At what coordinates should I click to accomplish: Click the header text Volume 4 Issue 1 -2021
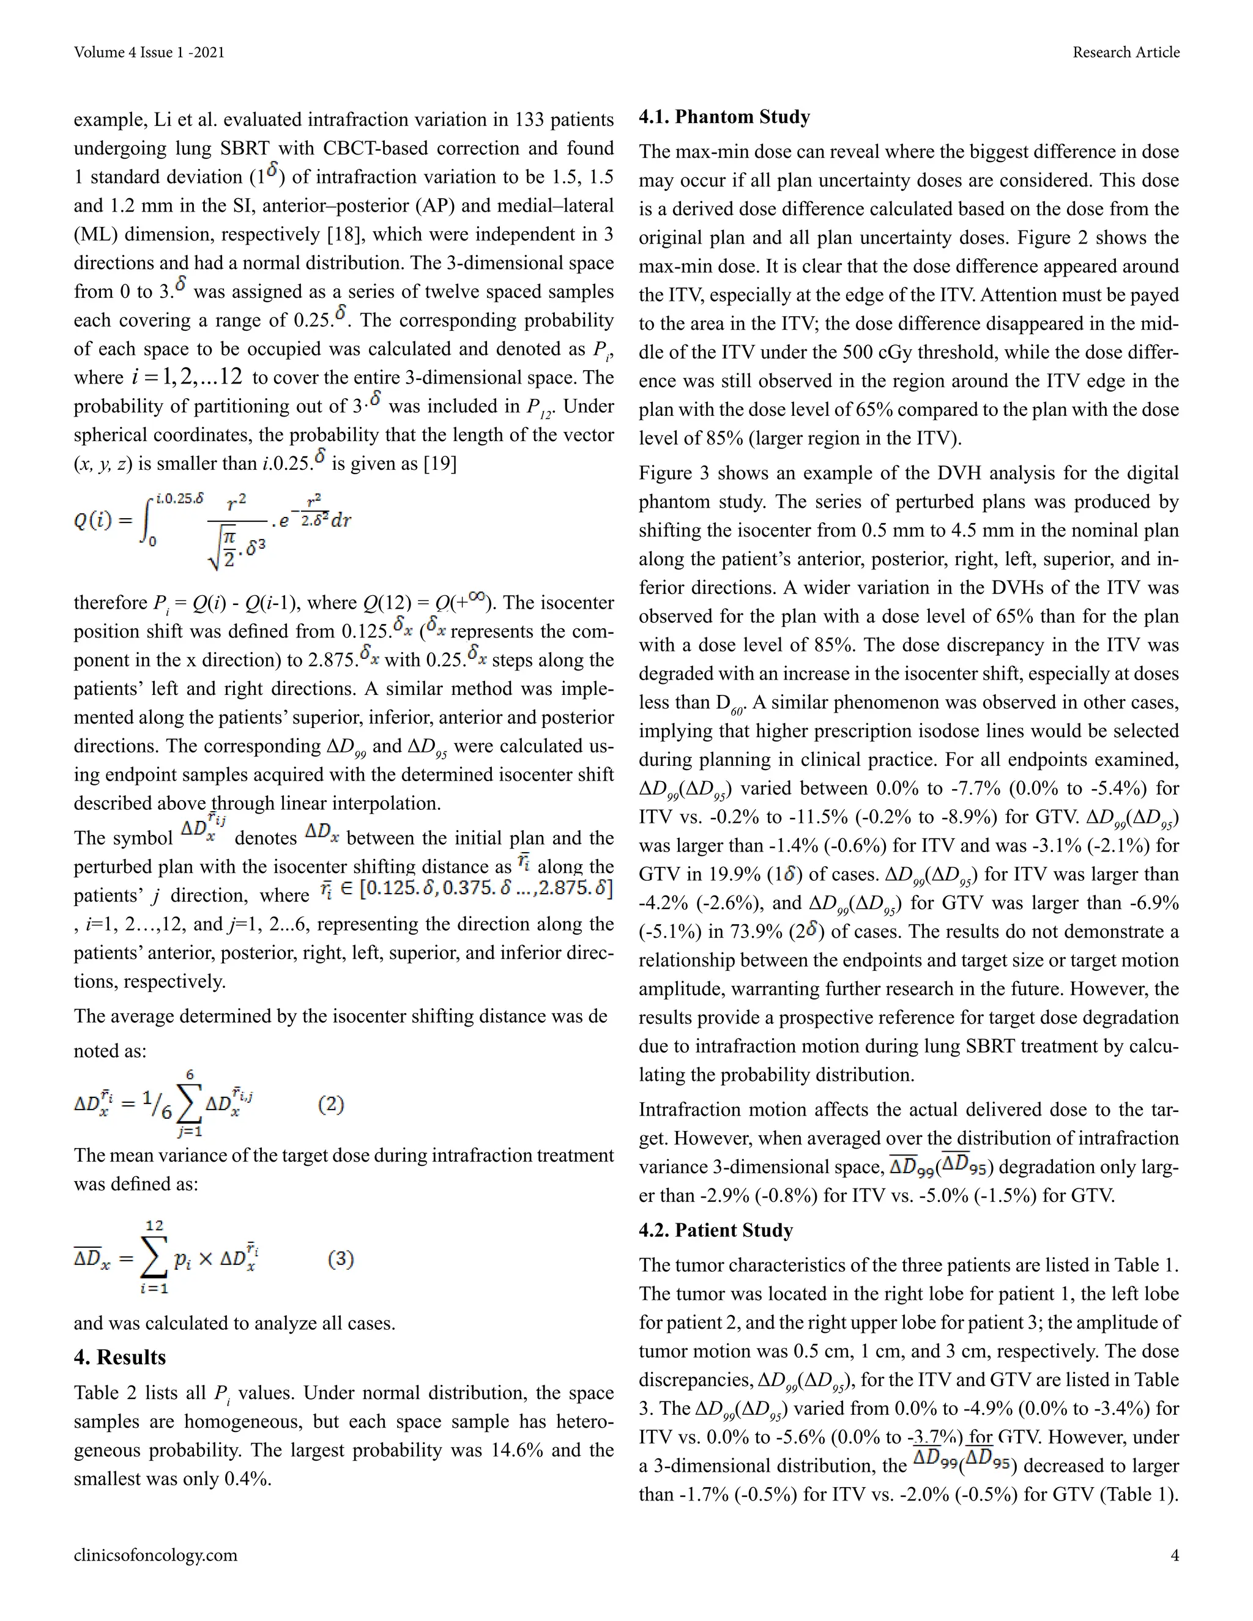[x=149, y=52]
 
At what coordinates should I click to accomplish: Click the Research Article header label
[x=1125, y=52]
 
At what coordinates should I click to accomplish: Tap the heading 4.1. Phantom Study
[x=724, y=117]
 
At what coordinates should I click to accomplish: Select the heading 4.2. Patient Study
[x=716, y=1231]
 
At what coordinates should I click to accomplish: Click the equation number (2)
[x=331, y=1104]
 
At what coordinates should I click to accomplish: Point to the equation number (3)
[x=341, y=1259]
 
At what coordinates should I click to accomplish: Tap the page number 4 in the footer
[x=1174, y=1556]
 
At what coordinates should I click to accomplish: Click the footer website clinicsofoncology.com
[x=155, y=1556]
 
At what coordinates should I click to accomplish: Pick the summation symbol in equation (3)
[x=154, y=1259]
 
